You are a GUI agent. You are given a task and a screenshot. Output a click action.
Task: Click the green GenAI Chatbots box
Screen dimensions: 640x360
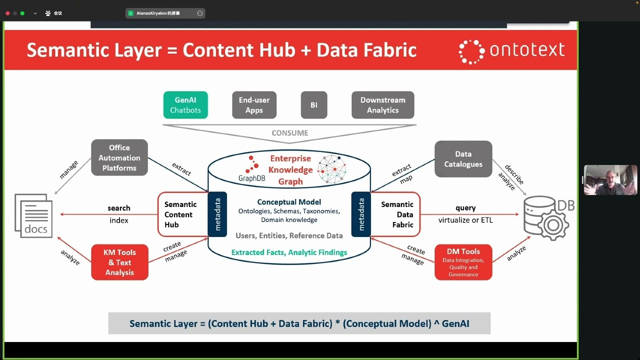185,105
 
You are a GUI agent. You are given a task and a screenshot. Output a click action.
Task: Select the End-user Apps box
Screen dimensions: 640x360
254,105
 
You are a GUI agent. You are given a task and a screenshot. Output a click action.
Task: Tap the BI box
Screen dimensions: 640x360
313,105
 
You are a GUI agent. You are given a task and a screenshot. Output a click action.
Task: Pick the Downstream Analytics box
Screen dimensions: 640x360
382,105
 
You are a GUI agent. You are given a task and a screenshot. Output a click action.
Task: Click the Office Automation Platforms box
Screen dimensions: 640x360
119,157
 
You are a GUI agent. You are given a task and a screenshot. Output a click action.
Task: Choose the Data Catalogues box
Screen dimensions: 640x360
463,159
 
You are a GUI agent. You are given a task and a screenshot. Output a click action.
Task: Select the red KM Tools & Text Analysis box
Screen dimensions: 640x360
119,262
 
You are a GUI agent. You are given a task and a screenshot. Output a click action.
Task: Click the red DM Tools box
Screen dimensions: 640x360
463,262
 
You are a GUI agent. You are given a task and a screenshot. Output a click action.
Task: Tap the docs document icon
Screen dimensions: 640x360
33,216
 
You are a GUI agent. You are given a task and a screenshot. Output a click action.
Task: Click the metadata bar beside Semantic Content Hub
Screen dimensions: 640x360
217,214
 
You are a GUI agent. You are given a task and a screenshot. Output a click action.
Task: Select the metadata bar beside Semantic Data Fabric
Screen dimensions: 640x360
361,214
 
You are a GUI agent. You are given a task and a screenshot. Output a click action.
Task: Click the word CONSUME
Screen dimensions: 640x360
289,133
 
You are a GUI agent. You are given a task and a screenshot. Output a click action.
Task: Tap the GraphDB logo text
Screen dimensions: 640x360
251,178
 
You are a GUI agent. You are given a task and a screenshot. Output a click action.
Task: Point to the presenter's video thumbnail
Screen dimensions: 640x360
610,180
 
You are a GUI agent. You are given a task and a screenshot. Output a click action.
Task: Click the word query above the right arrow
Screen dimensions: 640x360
465,208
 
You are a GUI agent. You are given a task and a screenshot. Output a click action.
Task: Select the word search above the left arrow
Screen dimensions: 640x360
119,208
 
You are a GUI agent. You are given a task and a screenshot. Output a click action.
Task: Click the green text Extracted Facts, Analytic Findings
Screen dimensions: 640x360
289,252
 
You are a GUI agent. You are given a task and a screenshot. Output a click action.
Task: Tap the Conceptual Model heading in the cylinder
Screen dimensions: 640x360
289,202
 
